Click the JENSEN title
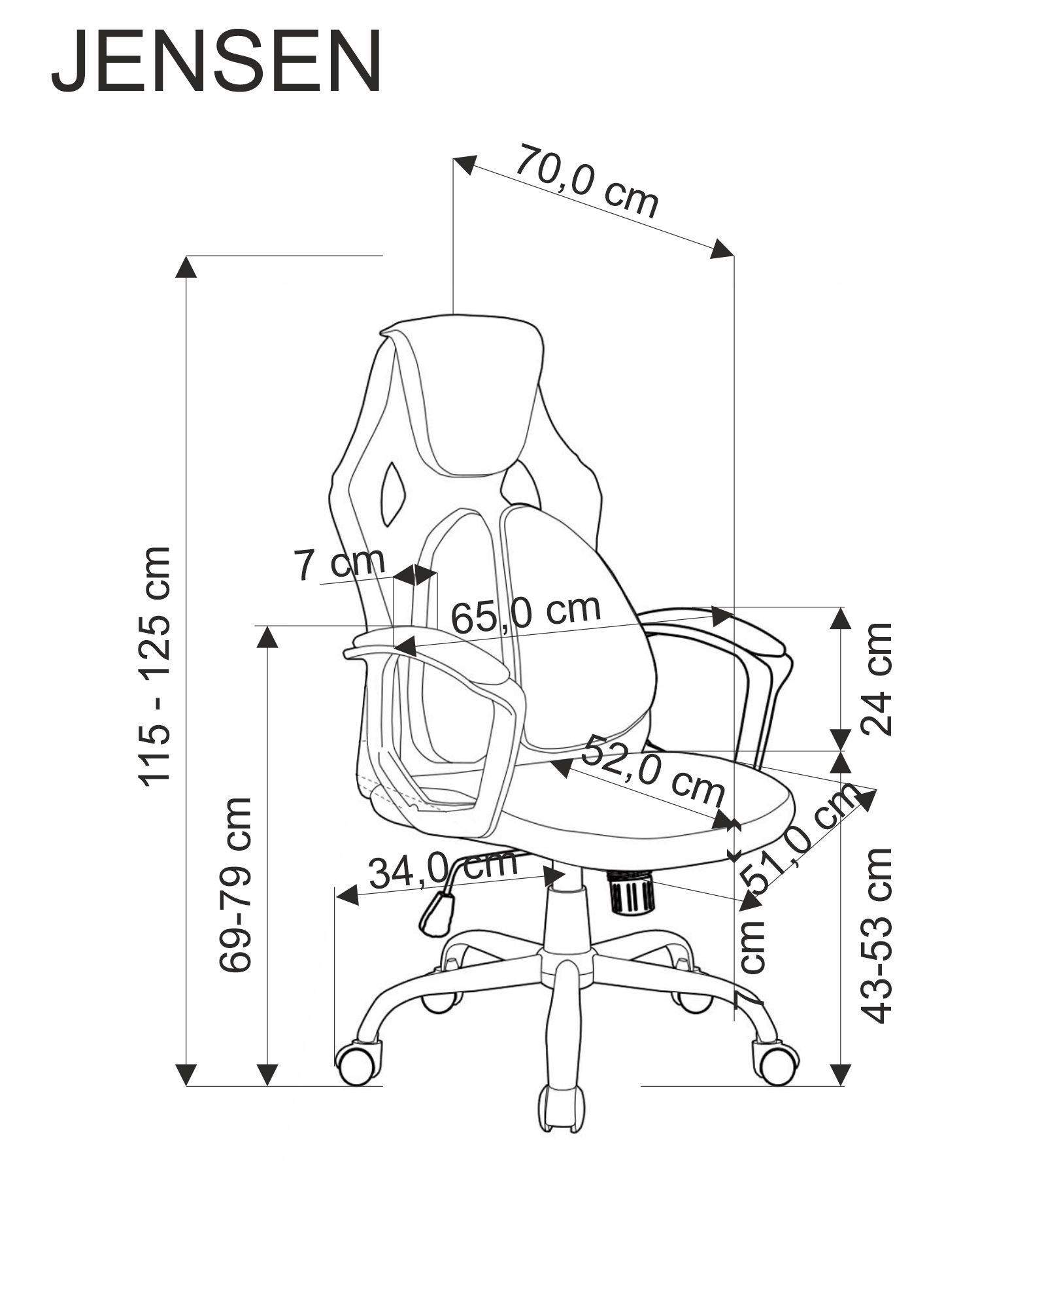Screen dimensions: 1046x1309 pyautogui.click(x=216, y=63)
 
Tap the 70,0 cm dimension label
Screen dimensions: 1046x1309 pyautogui.click(x=586, y=181)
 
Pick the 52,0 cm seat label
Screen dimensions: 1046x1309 pyautogui.click(x=652, y=770)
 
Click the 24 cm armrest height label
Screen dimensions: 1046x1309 pyautogui.click(x=876, y=679)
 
